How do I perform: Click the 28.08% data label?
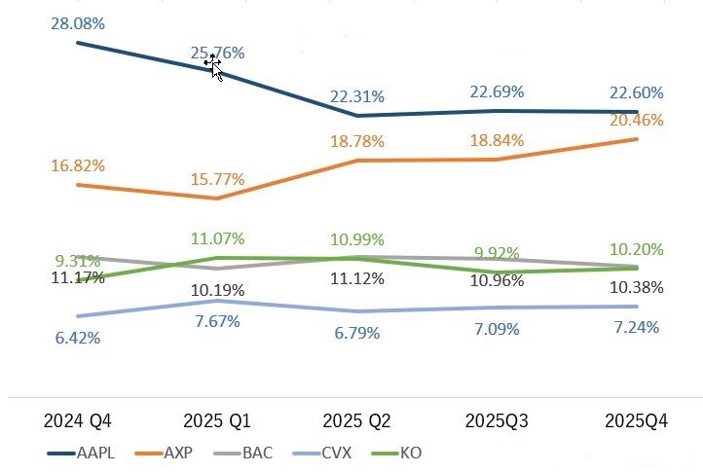[78, 21]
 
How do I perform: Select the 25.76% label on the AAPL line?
[217, 53]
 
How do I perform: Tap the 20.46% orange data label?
[636, 121]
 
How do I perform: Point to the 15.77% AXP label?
[217, 180]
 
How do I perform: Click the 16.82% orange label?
[78, 164]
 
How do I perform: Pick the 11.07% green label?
[217, 238]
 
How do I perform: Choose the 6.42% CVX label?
[78, 338]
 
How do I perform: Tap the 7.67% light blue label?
[217, 322]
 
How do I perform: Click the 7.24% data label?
[636, 327]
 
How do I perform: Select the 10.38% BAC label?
[636, 287]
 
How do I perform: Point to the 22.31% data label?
[357, 96]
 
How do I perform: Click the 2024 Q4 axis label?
[78, 421]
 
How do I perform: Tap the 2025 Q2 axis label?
[356, 421]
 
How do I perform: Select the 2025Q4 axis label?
[636, 421]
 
